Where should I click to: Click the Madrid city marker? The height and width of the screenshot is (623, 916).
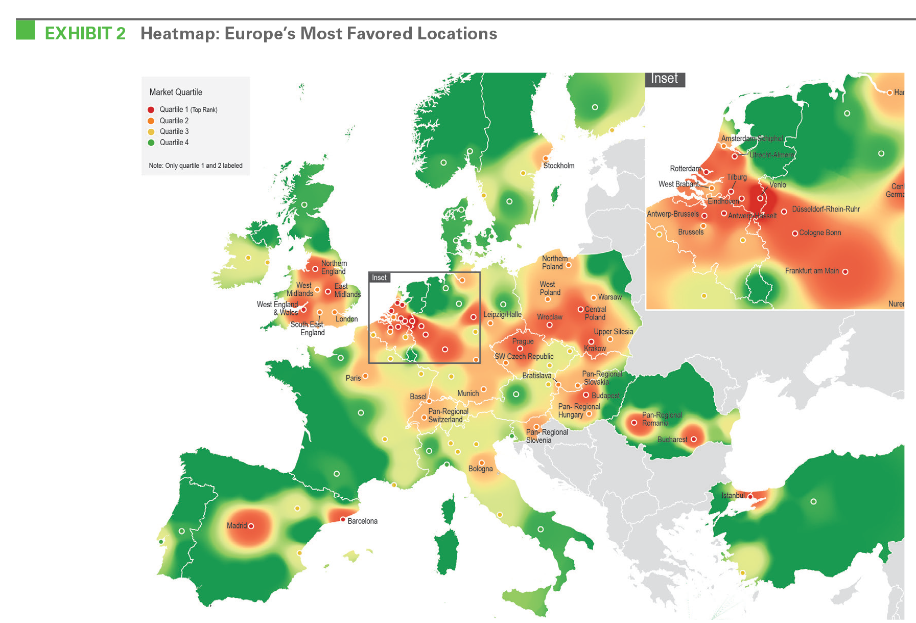tap(251, 526)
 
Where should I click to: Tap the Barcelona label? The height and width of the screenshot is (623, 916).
tap(362, 521)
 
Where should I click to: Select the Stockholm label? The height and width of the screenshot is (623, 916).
tap(558, 166)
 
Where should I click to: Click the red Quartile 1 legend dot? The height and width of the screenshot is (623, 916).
tap(151, 109)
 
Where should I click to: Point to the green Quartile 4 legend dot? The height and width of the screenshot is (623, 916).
tap(151, 143)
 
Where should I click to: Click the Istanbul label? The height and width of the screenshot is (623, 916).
tap(733, 496)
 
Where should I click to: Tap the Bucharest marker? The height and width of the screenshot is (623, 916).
tap(694, 439)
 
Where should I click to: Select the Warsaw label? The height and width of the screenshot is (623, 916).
tap(609, 297)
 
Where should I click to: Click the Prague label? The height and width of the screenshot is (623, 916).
tap(523, 341)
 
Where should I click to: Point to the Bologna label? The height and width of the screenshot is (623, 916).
tap(480, 469)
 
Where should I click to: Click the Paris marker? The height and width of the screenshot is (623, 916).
tap(365, 376)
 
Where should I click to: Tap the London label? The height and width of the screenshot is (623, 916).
tap(346, 319)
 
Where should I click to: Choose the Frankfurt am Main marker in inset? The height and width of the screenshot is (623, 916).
tap(845, 272)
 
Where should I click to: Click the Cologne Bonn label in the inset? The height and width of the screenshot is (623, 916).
tap(820, 233)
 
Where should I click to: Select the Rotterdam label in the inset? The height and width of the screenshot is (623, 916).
tap(685, 169)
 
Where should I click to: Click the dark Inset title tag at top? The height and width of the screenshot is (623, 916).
tap(664, 79)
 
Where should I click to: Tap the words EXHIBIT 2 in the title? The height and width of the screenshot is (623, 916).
tap(85, 33)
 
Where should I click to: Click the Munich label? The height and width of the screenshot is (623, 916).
tap(468, 394)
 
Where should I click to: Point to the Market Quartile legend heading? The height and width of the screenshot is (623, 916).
tap(176, 92)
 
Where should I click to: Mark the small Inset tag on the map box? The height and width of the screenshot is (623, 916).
tap(379, 278)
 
